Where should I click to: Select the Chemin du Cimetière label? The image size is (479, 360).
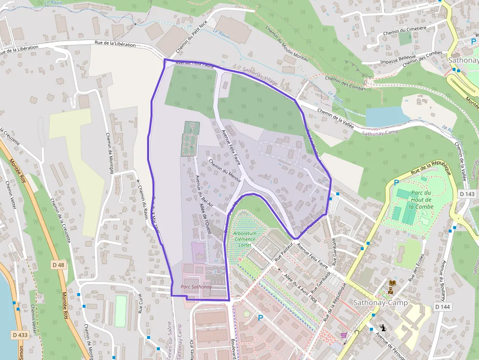[x=405, y=31]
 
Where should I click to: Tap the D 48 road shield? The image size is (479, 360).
[x=58, y=265]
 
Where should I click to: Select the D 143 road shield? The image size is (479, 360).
[x=467, y=194]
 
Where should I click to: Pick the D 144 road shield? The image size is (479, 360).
[x=441, y=306]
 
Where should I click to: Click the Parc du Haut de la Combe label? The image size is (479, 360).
[x=421, y=200]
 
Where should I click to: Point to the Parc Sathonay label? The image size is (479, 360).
[x=196, y=287]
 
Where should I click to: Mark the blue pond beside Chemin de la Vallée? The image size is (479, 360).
[x=386, y=116]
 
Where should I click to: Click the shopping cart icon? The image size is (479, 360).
[x=344, y=335]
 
